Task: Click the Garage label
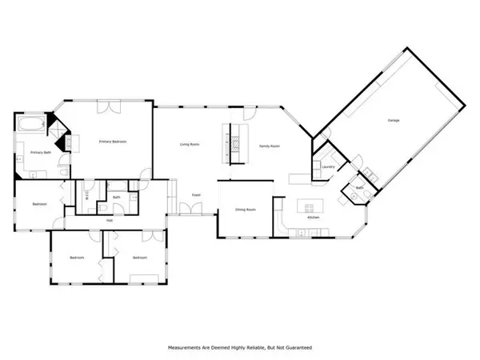(x=393, y=120)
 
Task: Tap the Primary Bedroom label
(x=113, y=142)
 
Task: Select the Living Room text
(x=189, y=144)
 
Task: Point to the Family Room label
(x=269, y=146)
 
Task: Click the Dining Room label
(x=245, y=210)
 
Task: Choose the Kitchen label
(x=314, y=218)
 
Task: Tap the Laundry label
(x=327, y=166)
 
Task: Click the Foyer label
(x=196, y=194)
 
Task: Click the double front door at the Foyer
(x=189, y=210)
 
